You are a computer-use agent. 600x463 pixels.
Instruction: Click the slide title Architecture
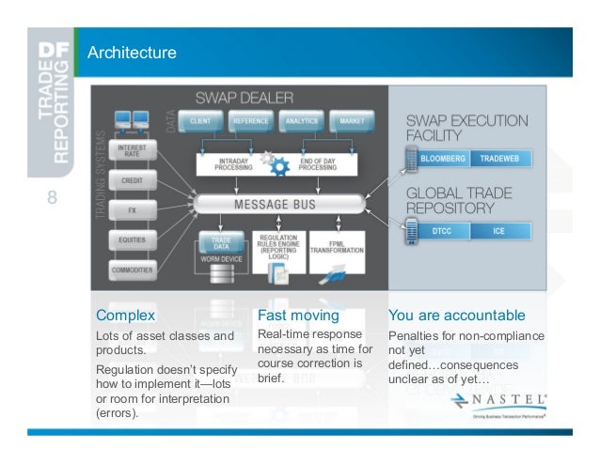click(x=132, y=53)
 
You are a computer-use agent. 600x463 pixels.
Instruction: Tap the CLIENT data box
click(x=199, y=122)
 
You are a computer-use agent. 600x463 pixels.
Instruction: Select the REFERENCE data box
click(x=251, y=122)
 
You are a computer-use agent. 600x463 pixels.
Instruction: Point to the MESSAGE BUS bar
click(x=275, y=203)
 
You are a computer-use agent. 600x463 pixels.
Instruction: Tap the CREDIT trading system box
click(x=132, y=179)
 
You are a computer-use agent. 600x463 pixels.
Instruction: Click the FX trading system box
click(x=132, y=209)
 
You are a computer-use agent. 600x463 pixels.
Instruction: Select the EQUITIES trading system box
click(x=132, y=240)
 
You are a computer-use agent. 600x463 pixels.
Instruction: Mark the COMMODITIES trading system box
click(x=132, y=270)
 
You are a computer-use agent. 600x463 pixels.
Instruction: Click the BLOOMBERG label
click(x=443, y=158)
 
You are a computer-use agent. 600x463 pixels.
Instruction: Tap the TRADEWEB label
click(x=500, y=158)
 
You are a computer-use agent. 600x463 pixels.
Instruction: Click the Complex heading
click(x=125, y=315)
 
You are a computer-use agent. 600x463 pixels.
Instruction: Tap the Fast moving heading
click(x=297, y=315)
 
